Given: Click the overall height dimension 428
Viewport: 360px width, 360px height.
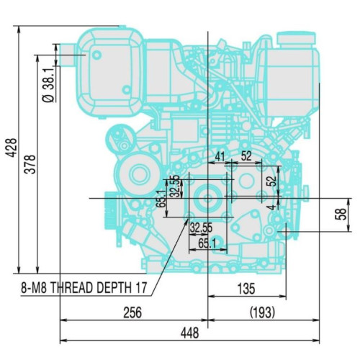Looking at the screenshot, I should (x=9, y=148).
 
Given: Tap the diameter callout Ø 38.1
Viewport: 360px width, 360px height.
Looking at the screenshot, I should (x=48, y=89).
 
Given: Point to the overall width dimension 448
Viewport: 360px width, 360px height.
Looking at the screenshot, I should (x=190, y=333).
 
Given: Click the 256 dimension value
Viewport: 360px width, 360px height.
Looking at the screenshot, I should (x=132, y=312).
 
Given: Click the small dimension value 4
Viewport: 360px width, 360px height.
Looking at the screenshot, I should (x=270, y=207).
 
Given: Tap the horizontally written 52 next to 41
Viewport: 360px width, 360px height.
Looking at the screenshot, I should (x=246, y=156).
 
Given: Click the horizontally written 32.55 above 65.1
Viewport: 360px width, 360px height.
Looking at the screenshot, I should (x=201, y=228).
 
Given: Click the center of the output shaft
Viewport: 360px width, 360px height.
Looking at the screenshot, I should (x=207, y=197).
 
